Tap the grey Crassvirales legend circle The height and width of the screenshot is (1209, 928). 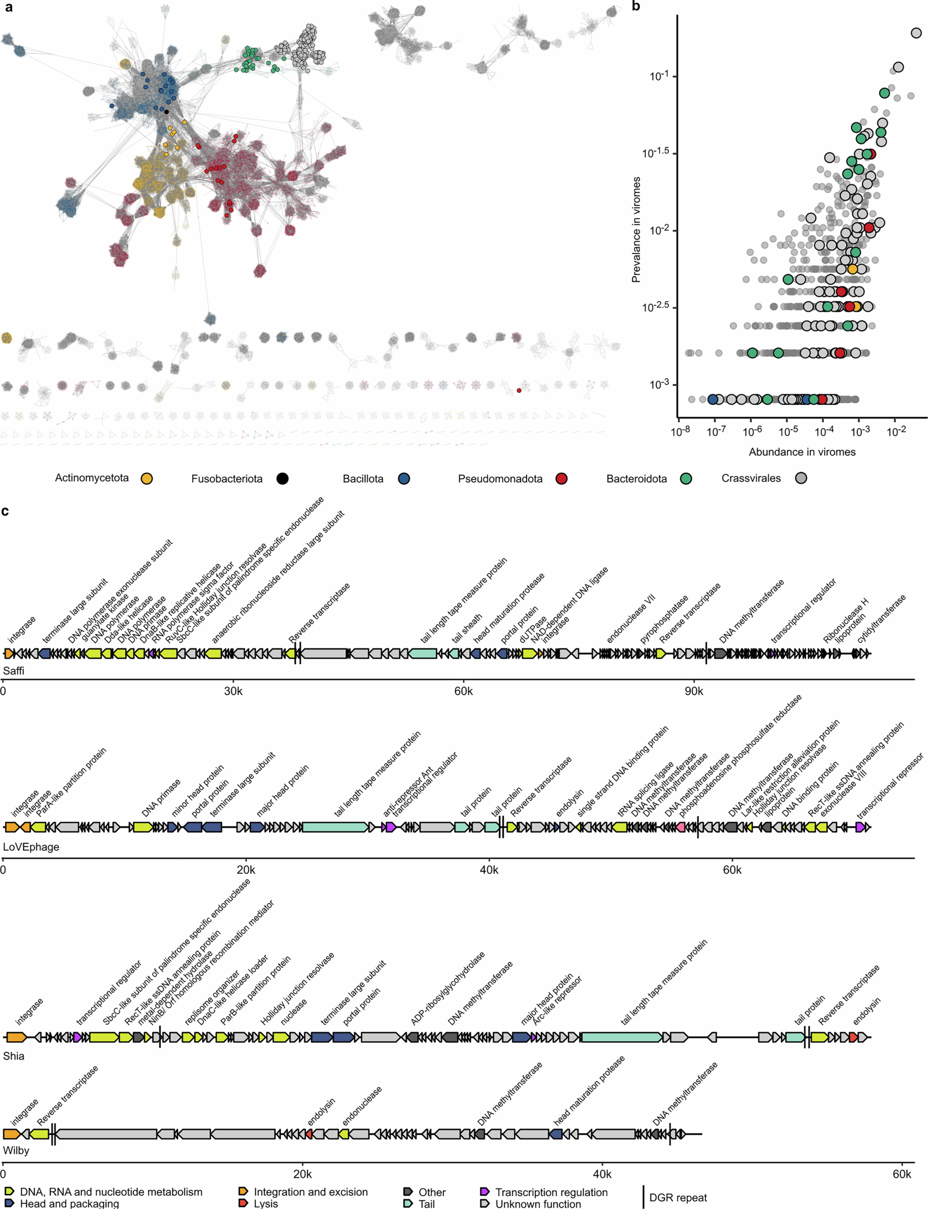click(x=800, y=478)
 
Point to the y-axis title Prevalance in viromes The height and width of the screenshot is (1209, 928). click(x=636, y=229)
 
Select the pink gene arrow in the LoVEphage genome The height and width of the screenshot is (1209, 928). click(x=681, y=827)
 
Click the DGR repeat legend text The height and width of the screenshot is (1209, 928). click(x=678, y=1197)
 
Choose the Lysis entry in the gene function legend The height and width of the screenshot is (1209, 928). click(x=266, y=1203)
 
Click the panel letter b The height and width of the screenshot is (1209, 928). click(x=636, y=7)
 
